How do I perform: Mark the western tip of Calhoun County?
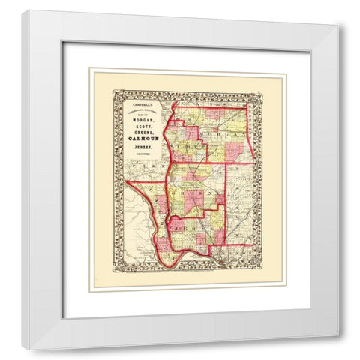[x=127, y=181]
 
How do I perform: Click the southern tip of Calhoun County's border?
[x=166, y=263]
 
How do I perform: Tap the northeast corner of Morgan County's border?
[x=245, y=106]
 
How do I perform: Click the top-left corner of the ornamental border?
[x=112, y=91]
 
